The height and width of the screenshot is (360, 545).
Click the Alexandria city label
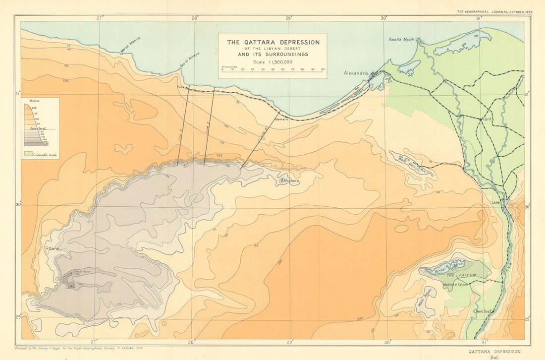point(356,73)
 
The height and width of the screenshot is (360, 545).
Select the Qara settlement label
point(54,248)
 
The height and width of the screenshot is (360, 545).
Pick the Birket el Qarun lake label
point(444,267)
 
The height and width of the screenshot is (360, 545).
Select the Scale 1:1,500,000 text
point(272,61)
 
